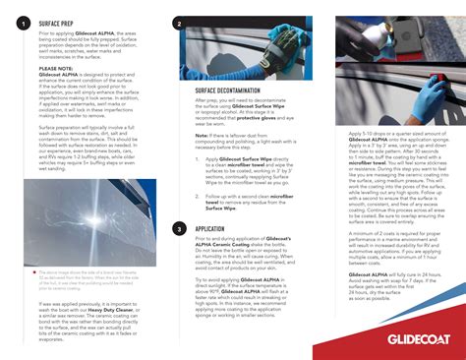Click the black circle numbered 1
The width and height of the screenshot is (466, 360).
pos(23,22)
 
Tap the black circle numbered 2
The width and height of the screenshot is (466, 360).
pos(178,23)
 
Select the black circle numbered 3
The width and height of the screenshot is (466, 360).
pos(178,228)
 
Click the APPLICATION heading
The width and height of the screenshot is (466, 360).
pos(207,228)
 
